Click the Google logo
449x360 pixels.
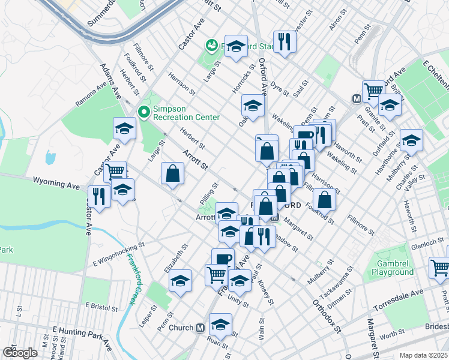20,352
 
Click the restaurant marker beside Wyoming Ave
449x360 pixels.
97,196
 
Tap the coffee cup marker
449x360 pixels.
223,259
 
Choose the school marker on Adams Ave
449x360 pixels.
124,128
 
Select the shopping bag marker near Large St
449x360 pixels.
172,173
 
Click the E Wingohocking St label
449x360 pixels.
119,254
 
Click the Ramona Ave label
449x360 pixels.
94,95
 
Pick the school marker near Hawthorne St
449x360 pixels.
411,140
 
